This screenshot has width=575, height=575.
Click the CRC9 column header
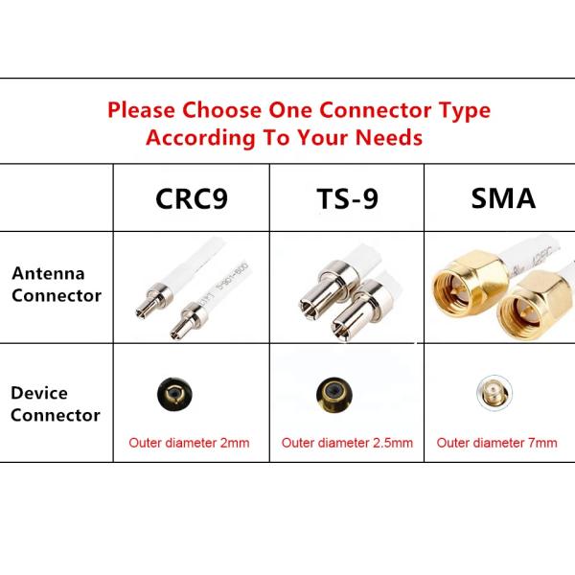point(192,199)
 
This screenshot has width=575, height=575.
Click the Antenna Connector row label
point(57,285)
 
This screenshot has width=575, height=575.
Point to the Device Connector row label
point(56,404)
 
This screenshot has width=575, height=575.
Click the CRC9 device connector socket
point(172,391)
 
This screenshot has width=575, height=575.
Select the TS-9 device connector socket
point(330,393)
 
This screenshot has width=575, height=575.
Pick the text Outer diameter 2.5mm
point(347,443)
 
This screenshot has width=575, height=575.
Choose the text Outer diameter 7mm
point(496,443)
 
